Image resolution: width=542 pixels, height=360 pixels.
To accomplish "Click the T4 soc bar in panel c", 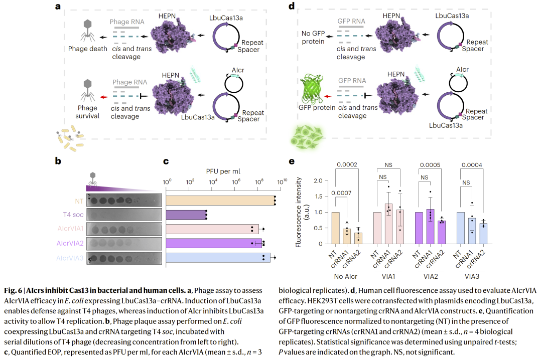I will tap(186, 215).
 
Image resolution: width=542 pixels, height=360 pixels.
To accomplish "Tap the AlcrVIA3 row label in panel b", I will tap(69, 258).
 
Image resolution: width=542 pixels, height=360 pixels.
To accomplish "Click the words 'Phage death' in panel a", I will tap(88, 49).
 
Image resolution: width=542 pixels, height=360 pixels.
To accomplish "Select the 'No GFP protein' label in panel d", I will tap(312, 38).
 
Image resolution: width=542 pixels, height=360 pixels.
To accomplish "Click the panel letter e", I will tap(292, 161).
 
